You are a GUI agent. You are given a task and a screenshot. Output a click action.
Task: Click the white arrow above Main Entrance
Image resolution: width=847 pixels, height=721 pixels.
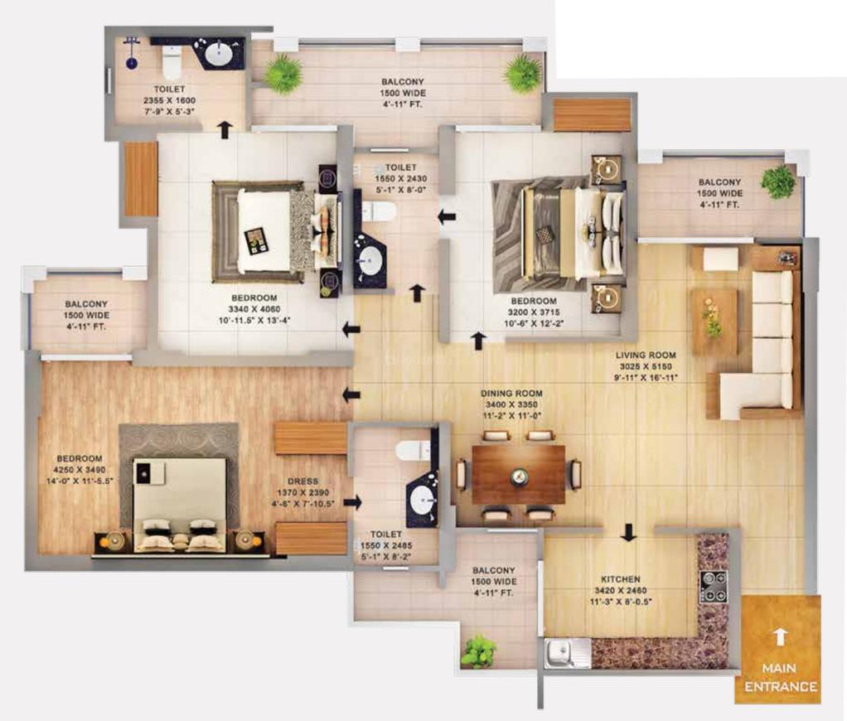pos(779,636)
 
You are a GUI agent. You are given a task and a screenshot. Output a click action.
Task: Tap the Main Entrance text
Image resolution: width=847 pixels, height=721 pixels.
pos(780,678)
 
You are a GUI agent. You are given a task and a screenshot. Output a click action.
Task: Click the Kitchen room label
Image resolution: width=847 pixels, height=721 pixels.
pos(621,579)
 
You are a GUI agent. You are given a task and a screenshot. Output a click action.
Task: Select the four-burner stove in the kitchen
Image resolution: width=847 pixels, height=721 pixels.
pos(714,587)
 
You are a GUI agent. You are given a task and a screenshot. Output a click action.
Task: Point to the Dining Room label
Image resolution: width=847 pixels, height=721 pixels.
pos(511,394)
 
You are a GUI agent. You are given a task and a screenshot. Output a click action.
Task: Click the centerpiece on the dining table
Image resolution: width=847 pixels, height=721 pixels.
pos(519,476)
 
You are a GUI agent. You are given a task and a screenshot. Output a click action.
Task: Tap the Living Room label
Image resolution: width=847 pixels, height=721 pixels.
pos(646,355)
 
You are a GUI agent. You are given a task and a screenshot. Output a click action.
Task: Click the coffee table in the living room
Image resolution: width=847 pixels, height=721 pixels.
pos(715,322)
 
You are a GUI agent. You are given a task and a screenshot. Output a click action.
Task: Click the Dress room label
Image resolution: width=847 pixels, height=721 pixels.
pos(303,481)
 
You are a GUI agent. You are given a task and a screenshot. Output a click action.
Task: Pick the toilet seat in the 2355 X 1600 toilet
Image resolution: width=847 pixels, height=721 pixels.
pos(172,63)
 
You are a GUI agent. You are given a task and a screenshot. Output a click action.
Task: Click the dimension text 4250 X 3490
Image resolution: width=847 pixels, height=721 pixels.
pos(80,470)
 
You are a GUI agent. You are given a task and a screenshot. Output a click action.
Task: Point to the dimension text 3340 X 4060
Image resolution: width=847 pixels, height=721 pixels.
pos(254,309)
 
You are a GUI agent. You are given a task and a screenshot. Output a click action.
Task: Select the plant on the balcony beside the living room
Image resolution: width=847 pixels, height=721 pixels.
pos(778,181)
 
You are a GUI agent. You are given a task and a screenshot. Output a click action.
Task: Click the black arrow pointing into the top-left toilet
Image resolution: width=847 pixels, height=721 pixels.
pos(224,129)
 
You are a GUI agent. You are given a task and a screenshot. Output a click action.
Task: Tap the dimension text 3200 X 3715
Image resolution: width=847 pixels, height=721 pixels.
pos(534,312)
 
